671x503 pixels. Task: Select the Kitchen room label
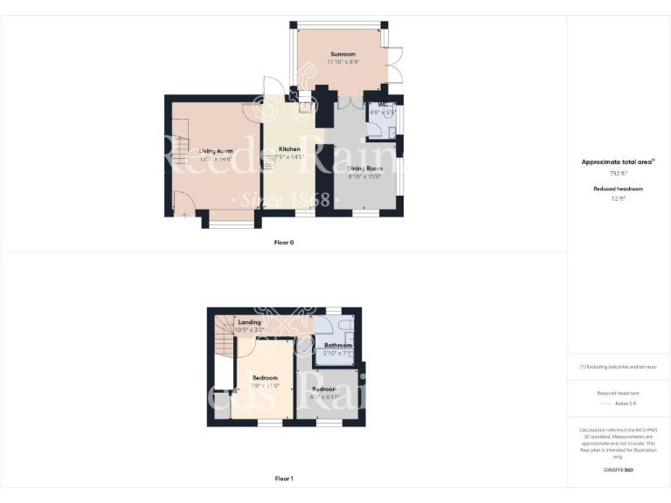[289, 149]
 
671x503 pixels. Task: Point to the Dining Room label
[365, 168]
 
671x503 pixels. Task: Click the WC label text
[382, 105]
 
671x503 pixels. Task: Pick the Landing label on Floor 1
[249, 322]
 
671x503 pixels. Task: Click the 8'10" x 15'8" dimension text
[365, 176]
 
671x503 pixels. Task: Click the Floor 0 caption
[283, 242]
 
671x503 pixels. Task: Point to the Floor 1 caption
[283, 479]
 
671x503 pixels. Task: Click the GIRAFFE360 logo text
[618, 470]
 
